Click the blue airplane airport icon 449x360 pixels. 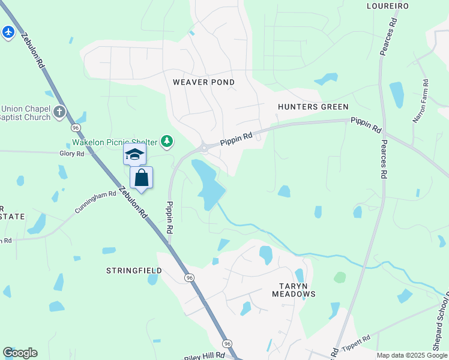click(8, 32)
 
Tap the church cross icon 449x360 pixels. click(59, 112)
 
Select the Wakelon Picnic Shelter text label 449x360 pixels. click(114, 143)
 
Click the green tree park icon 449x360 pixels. click(167, 142)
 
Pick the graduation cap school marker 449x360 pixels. click(134, 155)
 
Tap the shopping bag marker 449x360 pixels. click(141, 178)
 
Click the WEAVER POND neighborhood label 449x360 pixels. click(203, 82)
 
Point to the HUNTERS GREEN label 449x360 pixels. click(313, 107)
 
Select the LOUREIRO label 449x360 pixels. click(387, 6)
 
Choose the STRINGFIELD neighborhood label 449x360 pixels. click(134, 271)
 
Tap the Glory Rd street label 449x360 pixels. click(71, 154)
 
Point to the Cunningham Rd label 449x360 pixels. click(95, 202)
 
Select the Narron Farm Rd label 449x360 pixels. click(420, 101)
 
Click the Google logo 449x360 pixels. click(20, 353)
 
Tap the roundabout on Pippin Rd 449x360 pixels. click(205, 146)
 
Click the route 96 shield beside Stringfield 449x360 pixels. click(189, 278)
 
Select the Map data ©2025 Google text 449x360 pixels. click(412, 355)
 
